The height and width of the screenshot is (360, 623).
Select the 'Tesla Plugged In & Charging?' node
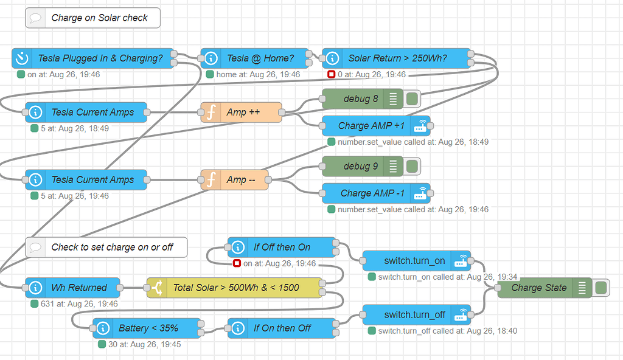[x=100, y=58]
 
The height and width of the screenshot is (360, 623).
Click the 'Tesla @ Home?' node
[x=260, y=58]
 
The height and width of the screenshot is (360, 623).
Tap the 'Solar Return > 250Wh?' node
[x=397, y=58]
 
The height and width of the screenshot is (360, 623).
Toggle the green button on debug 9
[x=412, y=167]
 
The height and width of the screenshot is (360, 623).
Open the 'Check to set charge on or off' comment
[x=106, y=247]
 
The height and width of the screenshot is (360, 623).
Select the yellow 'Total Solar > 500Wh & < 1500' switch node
[x=236, y=288]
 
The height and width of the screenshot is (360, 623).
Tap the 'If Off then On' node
[x=282, y=247]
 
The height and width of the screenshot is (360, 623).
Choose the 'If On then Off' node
[x=282, y=328]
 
